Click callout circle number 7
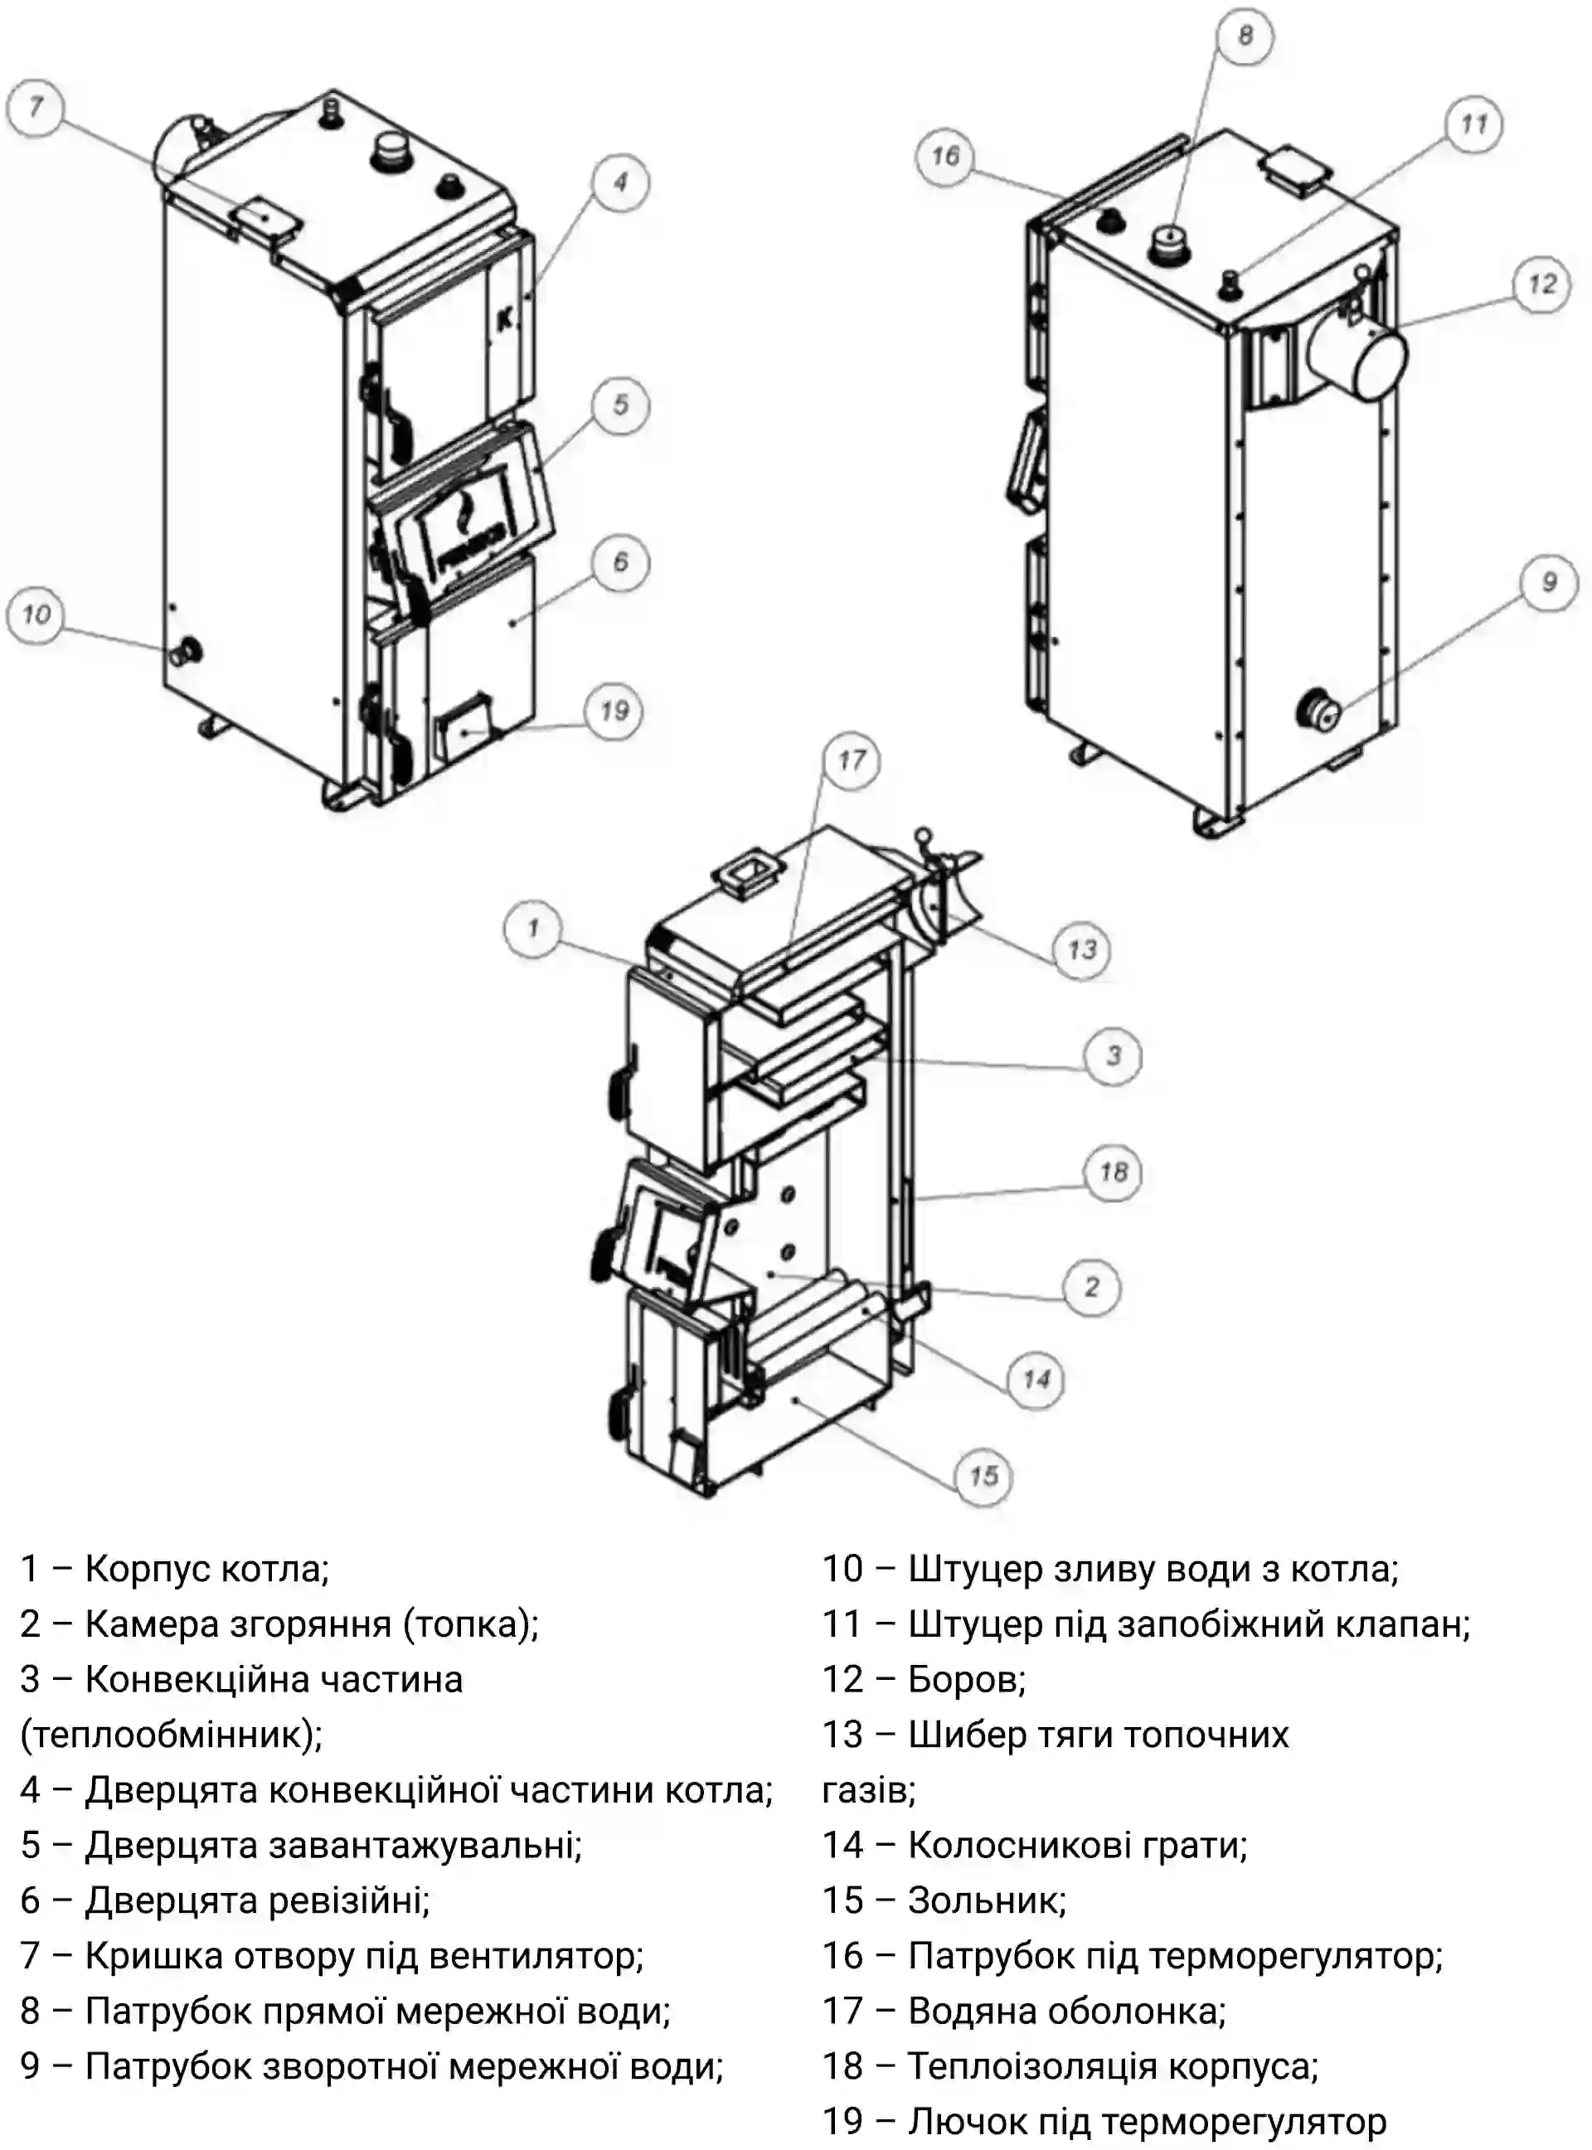pyautogui.click(x=36, y=107)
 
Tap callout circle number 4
pyautogui.click(x=619, y=182)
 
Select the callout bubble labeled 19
pyautogui.click(x=614, y=712)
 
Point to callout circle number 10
pyautogui.click(x=36, y=614)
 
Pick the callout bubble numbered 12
pyautogui.click(x=1542, y=284)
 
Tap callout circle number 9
pyautogui.click(x=1549, y=582)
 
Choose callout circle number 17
pyautogui.click(x=851, y=760)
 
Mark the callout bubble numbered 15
pyautogui.click(x=983, y=1475)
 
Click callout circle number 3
pyautogui.click(x=1113, y=1056)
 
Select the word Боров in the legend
pyautogui.click(x=966, y=1679)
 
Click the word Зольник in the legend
pyautogui.click(x=986, y=1900)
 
